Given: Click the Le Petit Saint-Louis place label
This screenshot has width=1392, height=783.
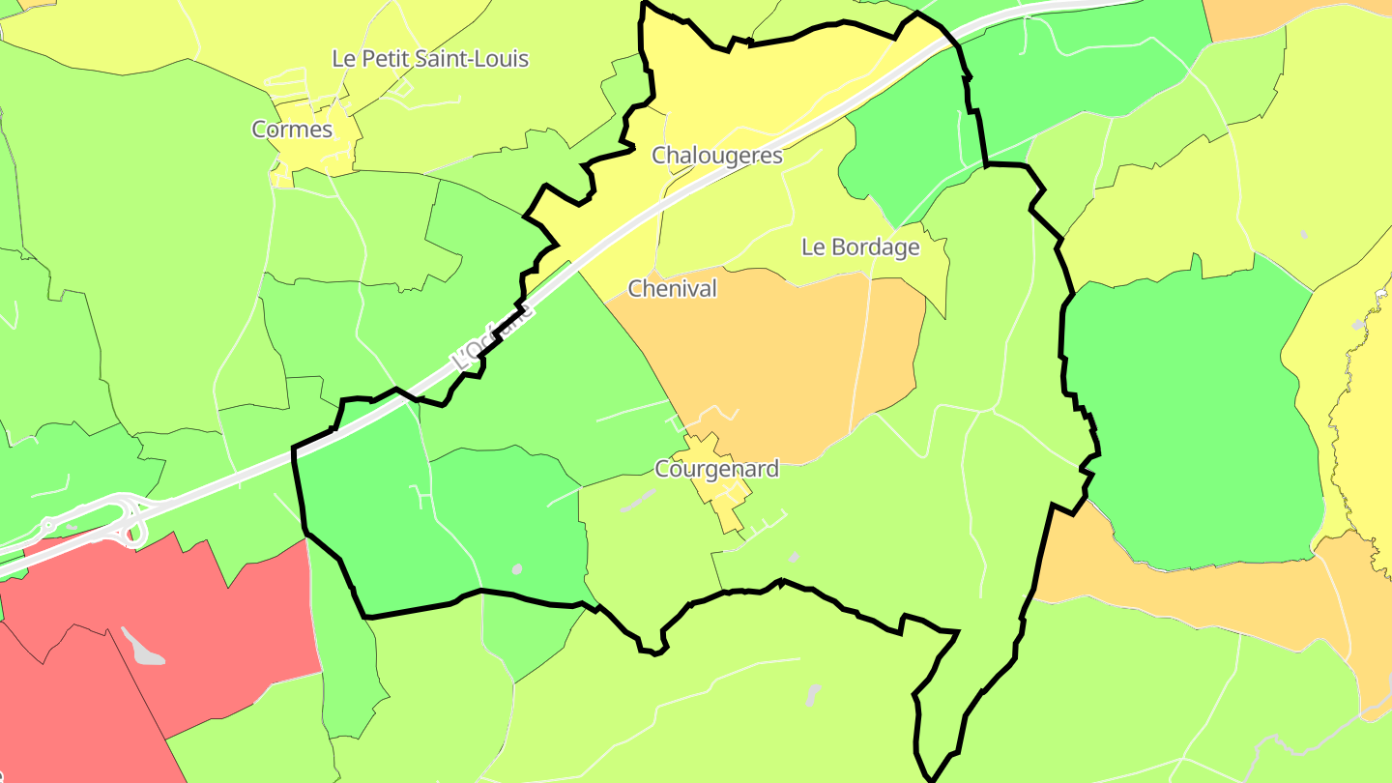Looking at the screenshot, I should click(430, 58).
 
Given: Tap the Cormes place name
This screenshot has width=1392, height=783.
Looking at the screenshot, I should click(292, 129).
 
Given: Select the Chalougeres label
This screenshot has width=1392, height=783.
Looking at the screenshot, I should click(716, 155).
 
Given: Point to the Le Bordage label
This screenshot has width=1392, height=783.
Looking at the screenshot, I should click(860, 246).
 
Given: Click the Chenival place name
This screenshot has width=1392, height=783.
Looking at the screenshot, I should click(673, 288).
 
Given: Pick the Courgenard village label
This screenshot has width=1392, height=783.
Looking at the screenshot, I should click(716, 469).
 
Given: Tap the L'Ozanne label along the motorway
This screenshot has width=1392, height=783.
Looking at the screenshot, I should click(492, 337).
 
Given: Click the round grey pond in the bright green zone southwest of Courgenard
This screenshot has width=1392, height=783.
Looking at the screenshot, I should click(517, 568).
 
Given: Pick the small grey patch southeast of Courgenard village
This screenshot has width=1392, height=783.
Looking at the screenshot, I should click(794, 557).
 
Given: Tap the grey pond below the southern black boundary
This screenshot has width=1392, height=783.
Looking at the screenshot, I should click(813, 694).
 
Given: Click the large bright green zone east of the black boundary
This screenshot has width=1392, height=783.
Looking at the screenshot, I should click(1189, 416).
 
